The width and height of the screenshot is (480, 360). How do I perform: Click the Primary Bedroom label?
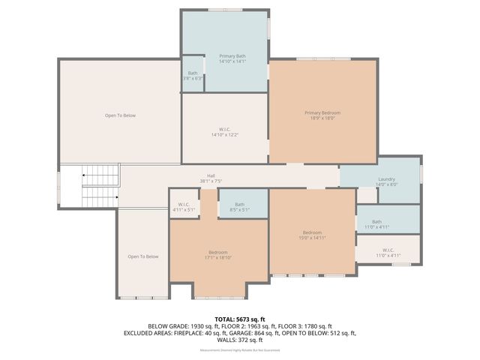322,112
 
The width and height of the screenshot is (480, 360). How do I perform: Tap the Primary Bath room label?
232,56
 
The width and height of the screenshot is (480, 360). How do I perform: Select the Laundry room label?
386,178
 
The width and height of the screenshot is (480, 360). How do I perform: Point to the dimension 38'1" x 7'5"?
211,181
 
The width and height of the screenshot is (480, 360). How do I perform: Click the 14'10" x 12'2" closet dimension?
225,135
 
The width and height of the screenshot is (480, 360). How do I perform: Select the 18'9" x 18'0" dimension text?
322,118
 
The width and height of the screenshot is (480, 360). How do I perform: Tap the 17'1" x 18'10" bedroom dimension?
218,257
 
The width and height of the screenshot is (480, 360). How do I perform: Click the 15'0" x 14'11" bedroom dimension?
312,238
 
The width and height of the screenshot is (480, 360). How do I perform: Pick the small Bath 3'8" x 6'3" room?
193,75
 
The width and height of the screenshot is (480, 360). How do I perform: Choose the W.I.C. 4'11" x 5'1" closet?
183,206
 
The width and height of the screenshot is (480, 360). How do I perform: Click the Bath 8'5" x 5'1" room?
239,207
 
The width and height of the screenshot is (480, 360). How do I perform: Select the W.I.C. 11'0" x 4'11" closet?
388,253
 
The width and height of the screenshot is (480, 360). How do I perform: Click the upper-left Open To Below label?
120,115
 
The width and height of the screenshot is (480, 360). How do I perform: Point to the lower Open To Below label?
143,256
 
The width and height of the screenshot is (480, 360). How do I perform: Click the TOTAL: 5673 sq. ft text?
240,319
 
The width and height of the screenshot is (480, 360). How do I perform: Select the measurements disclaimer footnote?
240,349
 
